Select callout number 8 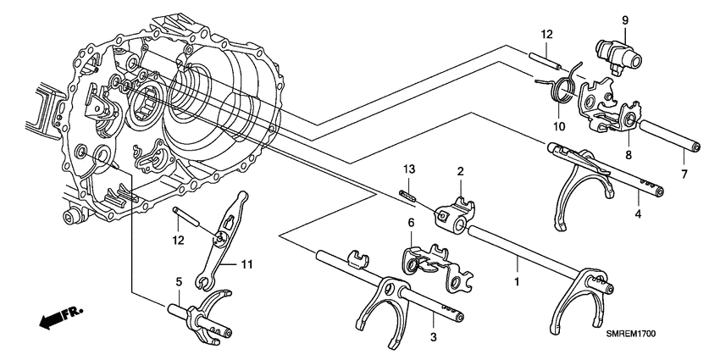(628, 154)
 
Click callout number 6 (412, 223)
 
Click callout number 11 (246, 265)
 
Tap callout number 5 (179, 281)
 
